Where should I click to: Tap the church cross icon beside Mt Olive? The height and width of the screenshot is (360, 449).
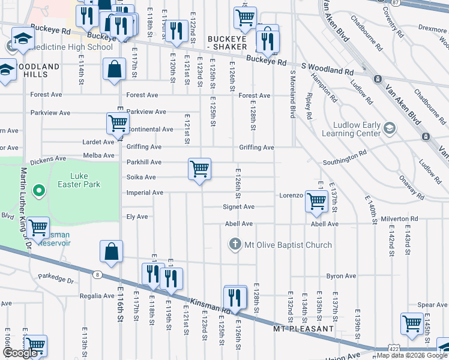(235, 245)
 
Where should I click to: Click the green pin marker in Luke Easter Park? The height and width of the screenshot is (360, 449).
(39, 191)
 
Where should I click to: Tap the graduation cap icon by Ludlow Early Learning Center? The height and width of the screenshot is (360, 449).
(390, 128)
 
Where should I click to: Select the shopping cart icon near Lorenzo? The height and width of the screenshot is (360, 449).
(316, 200)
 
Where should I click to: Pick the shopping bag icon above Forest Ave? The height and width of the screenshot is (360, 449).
(114, 69)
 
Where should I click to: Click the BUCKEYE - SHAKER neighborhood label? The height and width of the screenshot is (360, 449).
(228, 43)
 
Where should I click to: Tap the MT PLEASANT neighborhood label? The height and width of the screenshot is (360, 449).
(303, 329)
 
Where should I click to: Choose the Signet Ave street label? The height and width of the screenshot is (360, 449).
(239, 207)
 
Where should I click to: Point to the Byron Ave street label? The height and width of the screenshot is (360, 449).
(341, 277)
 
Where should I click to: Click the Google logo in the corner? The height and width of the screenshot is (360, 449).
(20, 353)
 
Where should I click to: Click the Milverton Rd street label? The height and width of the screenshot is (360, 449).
(398, 220)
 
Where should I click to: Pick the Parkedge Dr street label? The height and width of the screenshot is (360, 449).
(55, 280)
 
